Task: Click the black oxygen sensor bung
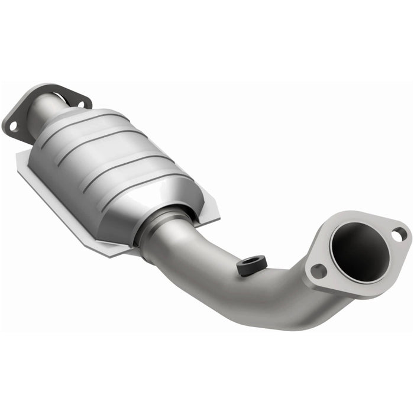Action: coord(251,266)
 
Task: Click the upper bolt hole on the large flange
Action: coord(399,234)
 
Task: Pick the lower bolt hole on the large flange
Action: coord(318,271)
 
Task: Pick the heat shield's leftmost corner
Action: coord(18,161)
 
